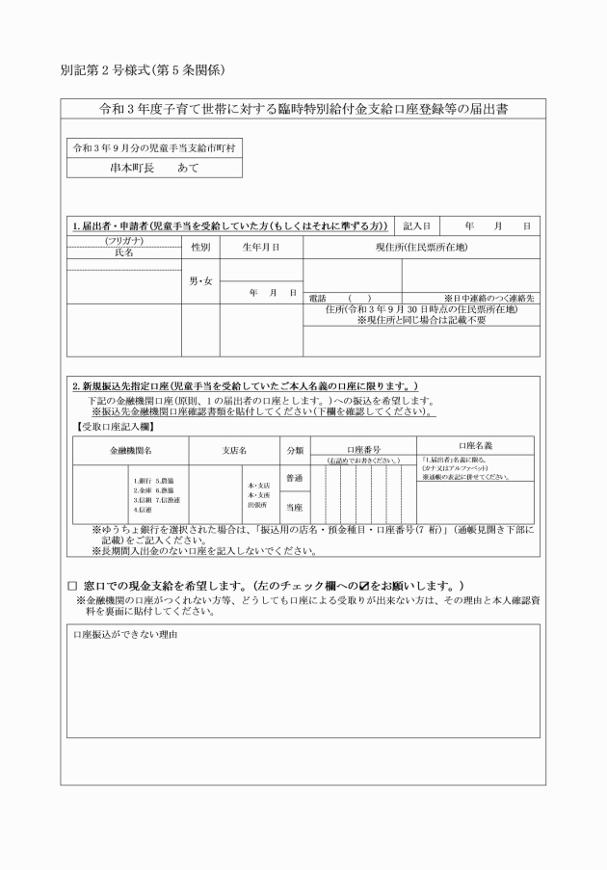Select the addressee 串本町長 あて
click(x=154, y=167)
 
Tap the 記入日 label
click(x=421, y=225)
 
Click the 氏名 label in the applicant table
click(x=124, y=252)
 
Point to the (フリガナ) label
click(x=124, y=241)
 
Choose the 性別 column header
click(x=200, y=247)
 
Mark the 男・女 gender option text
click(x=200, y=282)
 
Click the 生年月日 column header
click(x=260, y=247)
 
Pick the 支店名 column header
click(x=231, y=450)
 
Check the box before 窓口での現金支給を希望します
click(x=72, y=586)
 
